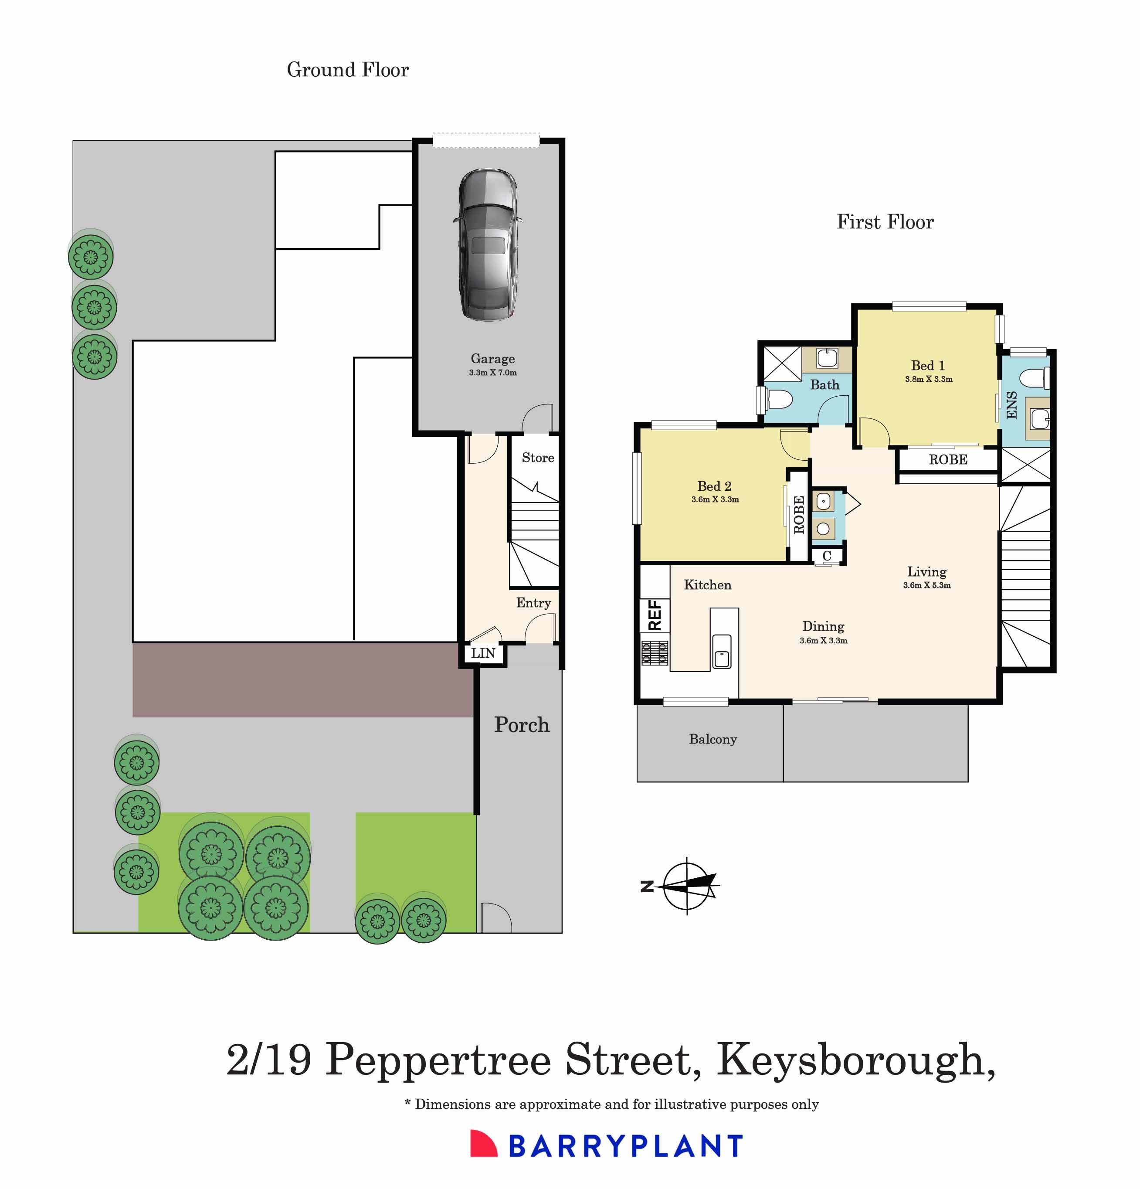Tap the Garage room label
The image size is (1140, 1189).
coord(492,359)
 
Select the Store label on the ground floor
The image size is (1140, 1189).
coord(538,458)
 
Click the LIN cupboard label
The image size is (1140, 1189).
coord(483,653)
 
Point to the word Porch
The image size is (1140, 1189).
coord(522,725)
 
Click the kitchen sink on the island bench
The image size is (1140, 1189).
coord(722,652)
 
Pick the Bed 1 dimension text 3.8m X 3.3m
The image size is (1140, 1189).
coord(928,379)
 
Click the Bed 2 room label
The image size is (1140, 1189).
coord(714,486)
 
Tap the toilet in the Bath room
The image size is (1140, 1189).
coord(779,400)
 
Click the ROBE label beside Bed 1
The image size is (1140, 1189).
coord(948,460)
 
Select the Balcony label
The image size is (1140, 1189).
coord(712,740)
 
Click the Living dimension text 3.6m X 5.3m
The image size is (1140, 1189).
coord(926,585)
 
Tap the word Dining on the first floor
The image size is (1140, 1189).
coord(823,626)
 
